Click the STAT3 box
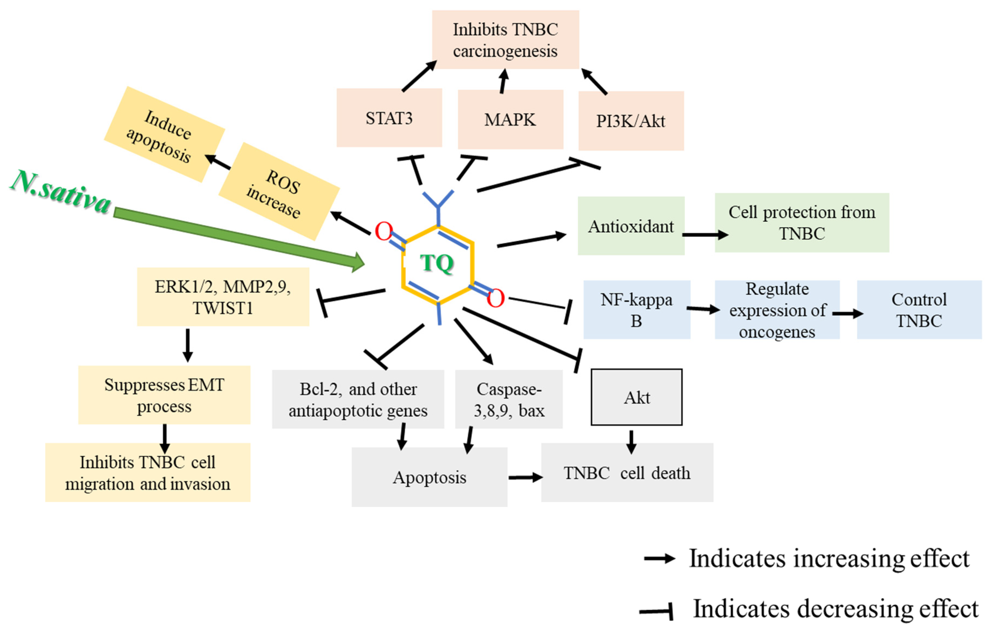click(389, 118)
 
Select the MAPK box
click(510, 119)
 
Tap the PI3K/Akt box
click(631, 121)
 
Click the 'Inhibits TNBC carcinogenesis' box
click(505, 40)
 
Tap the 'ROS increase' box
click(279, 191)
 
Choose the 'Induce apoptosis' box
click(164, 134)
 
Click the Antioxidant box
click(631, 226)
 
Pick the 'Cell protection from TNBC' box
click(802, 223)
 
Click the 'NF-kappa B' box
click(637, 310)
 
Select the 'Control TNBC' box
click(919, 310)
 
